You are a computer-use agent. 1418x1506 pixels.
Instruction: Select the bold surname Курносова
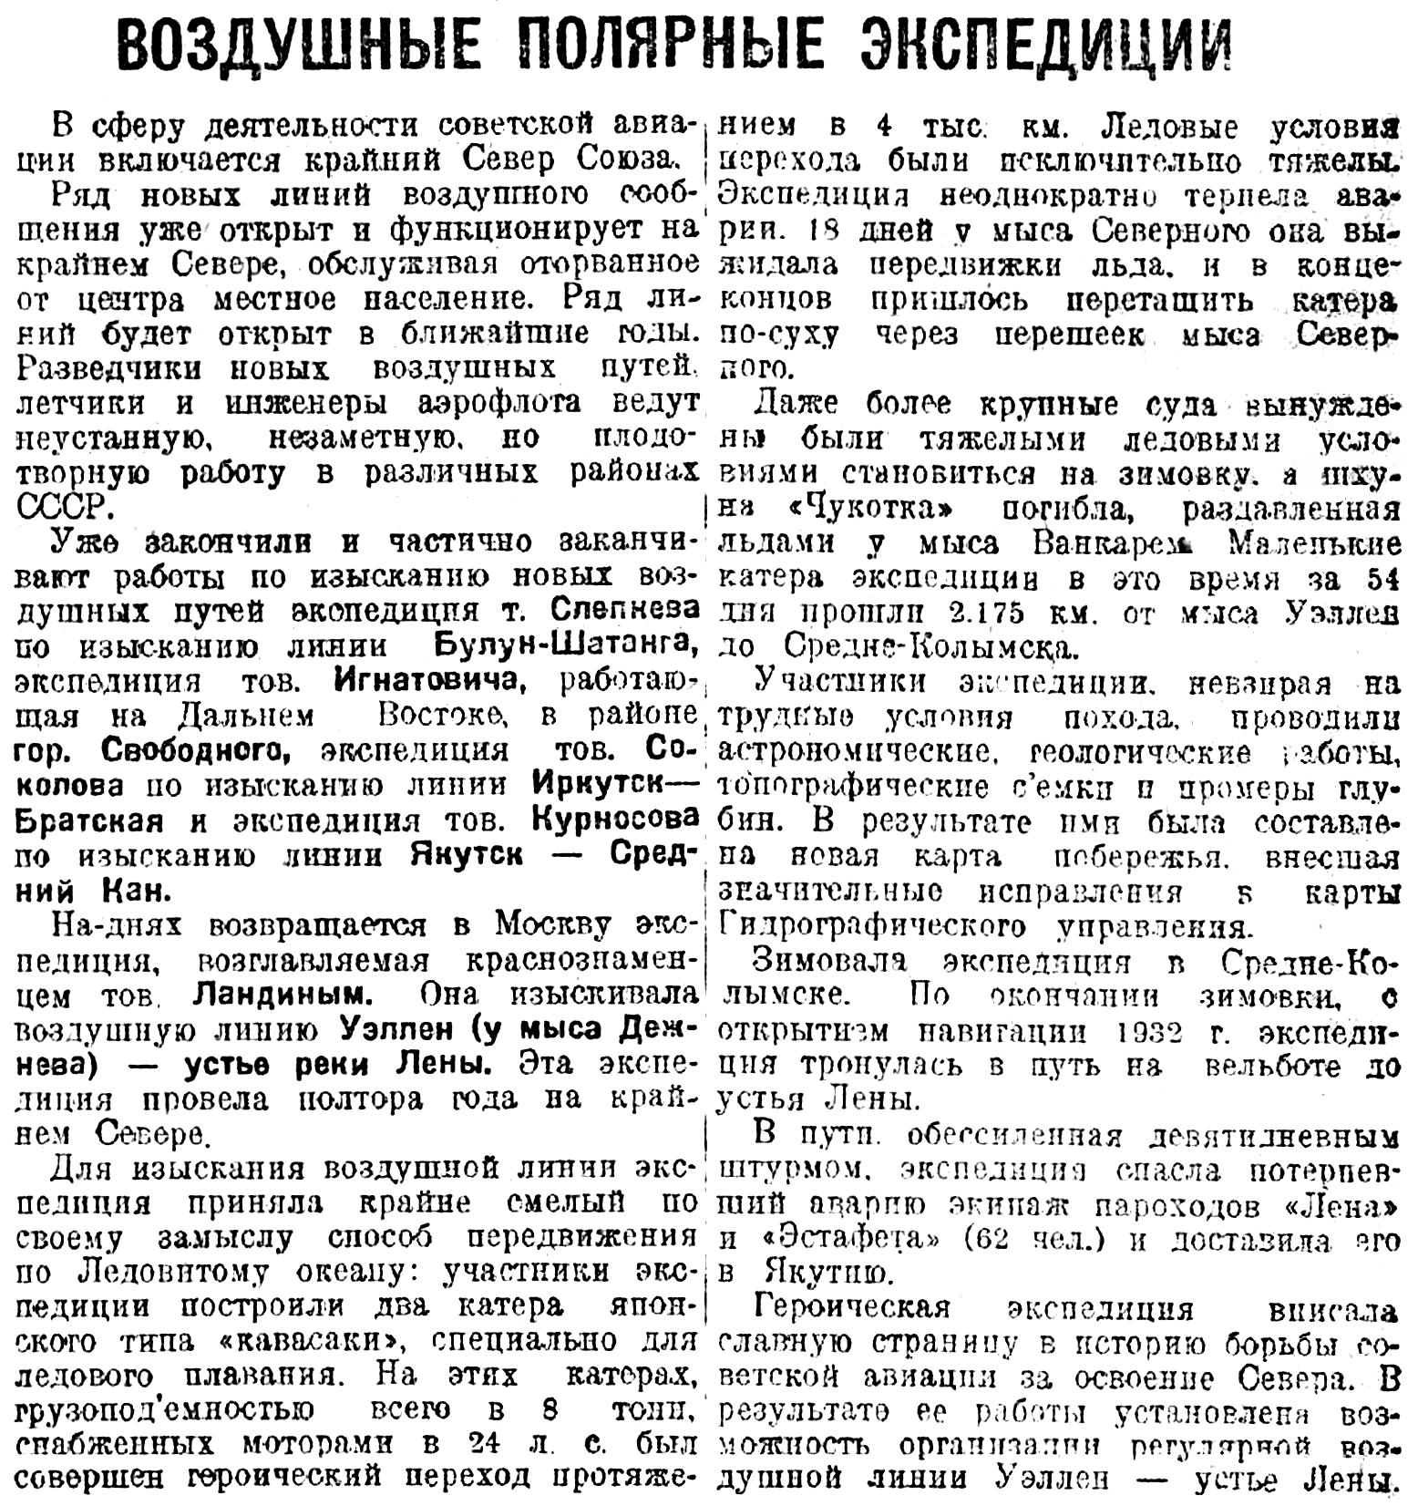[x=614, y=820]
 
